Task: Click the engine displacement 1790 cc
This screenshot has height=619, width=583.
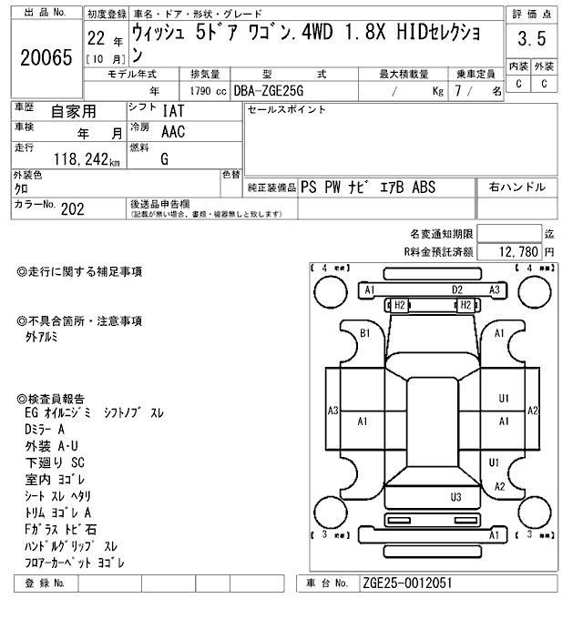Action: pyautogui.click(x=208, y=91)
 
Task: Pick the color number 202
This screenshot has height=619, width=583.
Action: pyautogui.click(x=73, y=208)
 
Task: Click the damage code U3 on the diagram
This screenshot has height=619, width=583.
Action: pyautogui.click(x=456, y=496)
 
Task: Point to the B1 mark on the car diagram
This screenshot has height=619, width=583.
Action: pyautogui.click(x=365, y=333)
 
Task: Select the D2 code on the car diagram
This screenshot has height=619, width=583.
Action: pyautogui.click(x=457, y=289)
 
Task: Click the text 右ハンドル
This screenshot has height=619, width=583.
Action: pyautogui.click(x=517, y=188)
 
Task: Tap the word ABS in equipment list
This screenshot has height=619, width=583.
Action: pyautogui.click(x=424, y=188)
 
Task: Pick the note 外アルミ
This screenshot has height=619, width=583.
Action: pyautogui.click(x=41, y=337)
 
